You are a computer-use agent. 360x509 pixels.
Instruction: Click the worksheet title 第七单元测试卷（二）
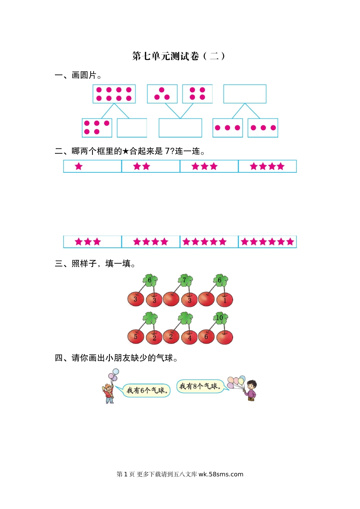click(x=178, y=56)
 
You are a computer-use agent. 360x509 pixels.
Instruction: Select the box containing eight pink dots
click(x=114, y=94)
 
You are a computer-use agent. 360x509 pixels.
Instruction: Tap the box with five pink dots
click(x=97, y=128)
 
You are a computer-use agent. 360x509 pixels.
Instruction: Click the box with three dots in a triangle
click(x=162, y=94)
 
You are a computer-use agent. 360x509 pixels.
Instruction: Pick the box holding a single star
click(x=92, y=166)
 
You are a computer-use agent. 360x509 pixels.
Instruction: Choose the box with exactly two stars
click(x=151, y=166)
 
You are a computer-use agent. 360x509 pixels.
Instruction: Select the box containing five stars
click(x=209, y=242)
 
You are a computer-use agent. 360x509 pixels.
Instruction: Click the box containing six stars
click(x=268, y=242)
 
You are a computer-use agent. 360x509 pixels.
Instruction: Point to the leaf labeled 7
click(x=185, y=280)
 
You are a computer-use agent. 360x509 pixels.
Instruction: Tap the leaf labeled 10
click(x=221, y=318)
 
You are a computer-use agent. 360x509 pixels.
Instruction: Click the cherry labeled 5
click(x=136, y=337)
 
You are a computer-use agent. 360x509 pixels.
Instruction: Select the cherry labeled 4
click(x=190, y=337)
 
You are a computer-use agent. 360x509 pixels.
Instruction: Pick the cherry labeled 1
click(x=225, y=300)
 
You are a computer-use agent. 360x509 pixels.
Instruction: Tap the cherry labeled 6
click(x=206, y=337)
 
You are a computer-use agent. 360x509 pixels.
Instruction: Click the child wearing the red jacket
click(x=108, y=393)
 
